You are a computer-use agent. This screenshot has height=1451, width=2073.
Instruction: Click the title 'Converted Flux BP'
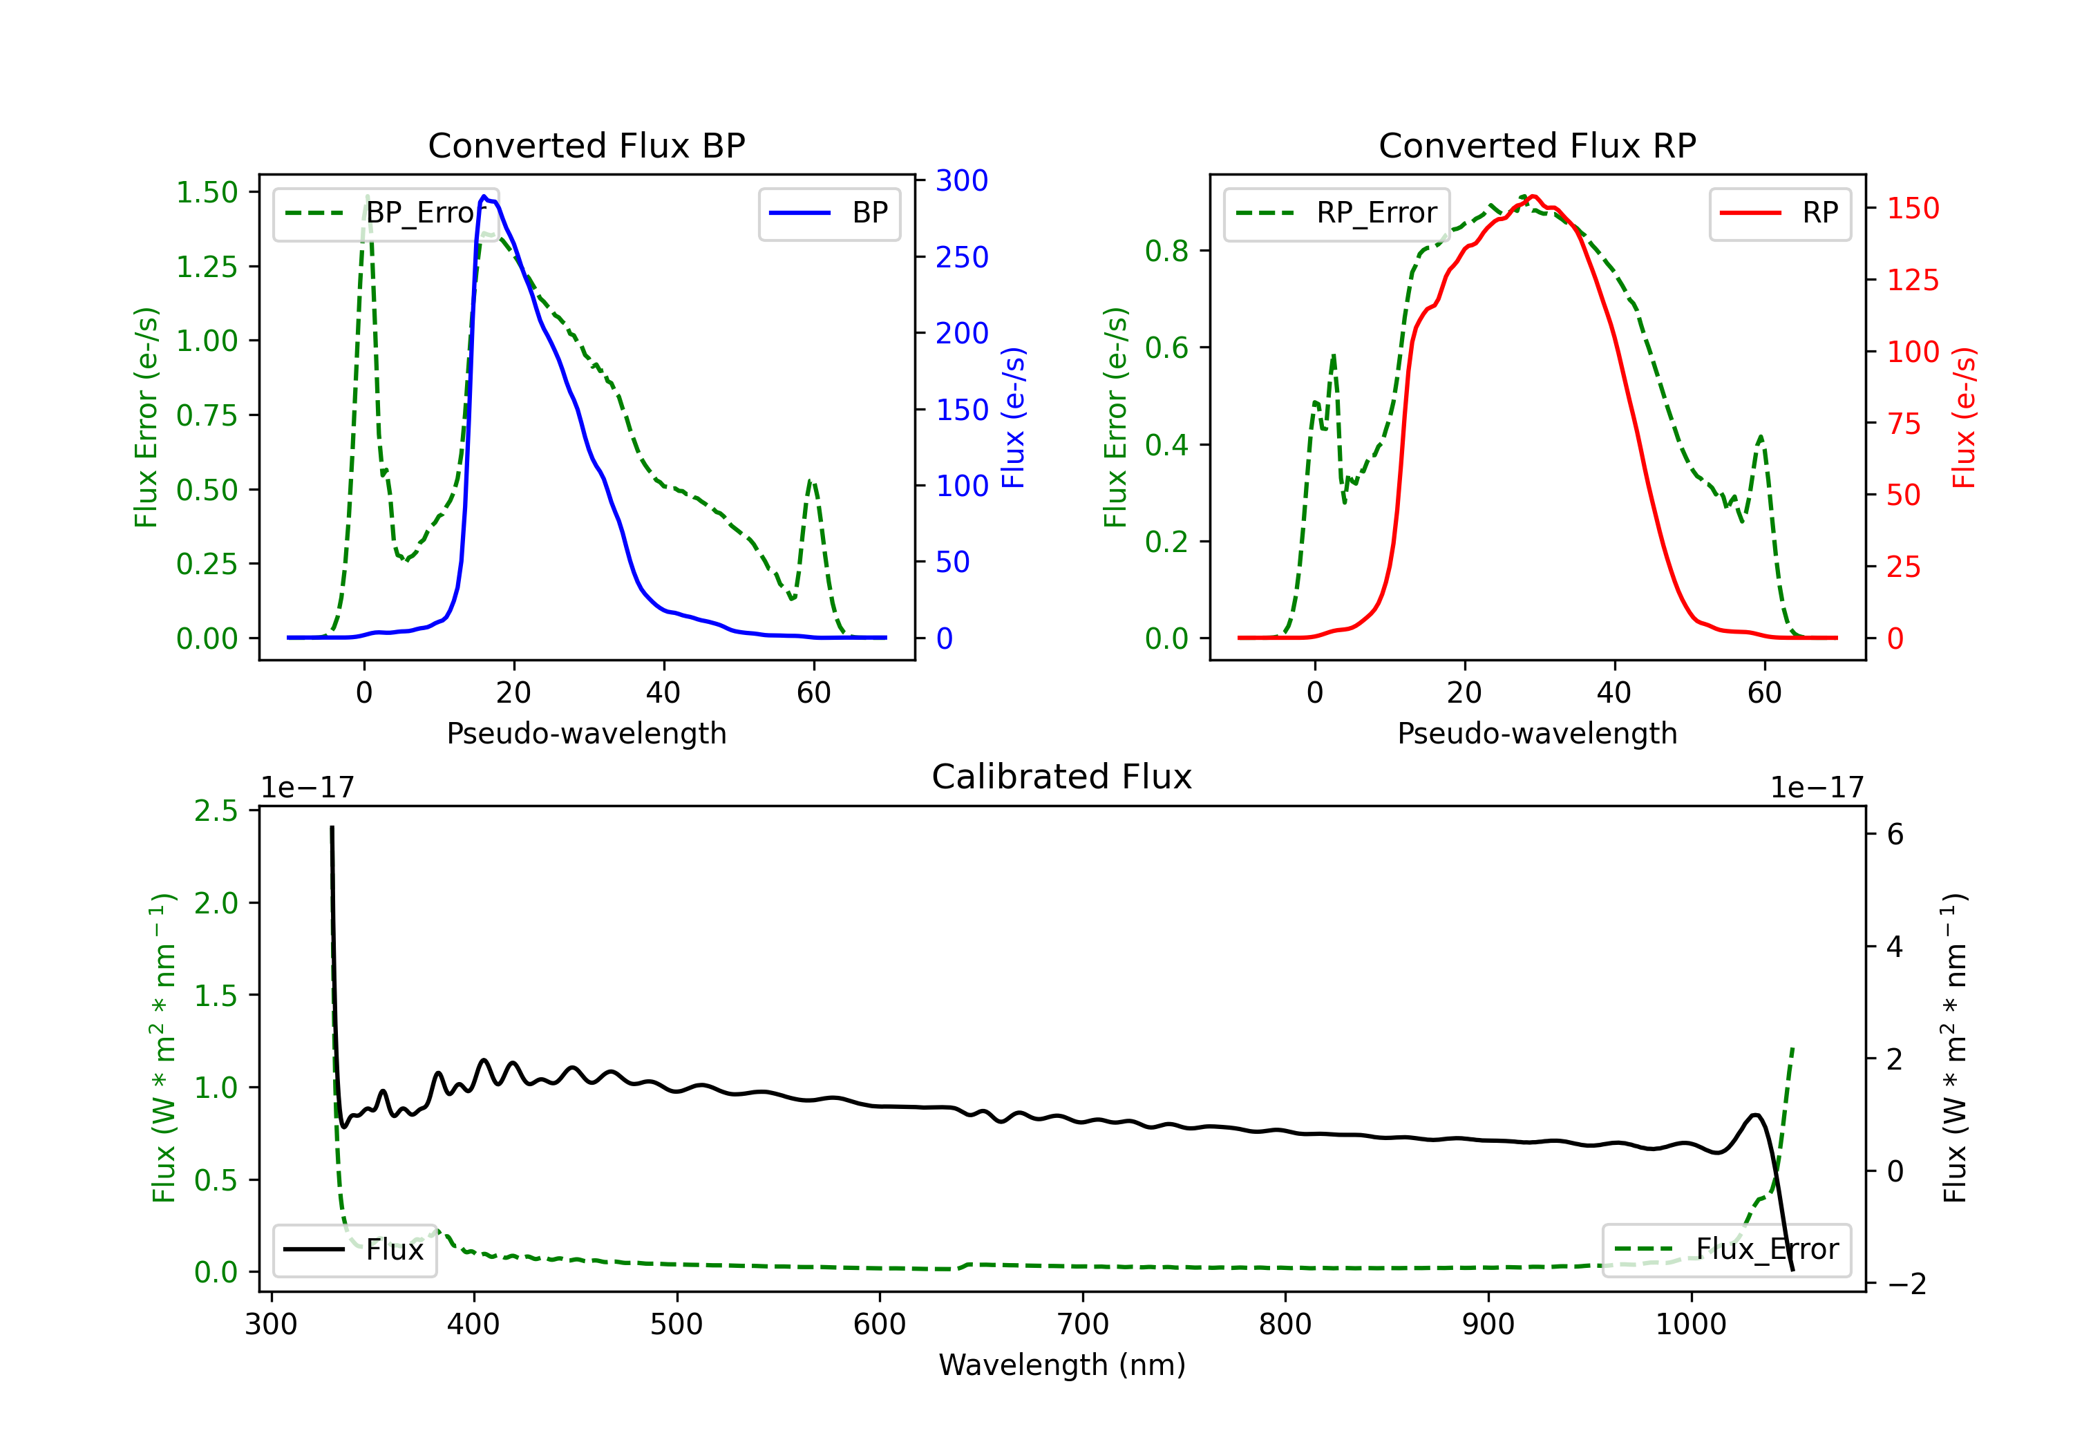pyautogui.click(x=586, y=145)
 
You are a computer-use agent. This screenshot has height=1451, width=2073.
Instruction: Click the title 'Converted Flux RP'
pyautogui.click(x=1537, y=145)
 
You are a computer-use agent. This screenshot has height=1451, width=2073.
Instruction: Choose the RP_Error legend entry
pyautogui.click(x=1336, y=213)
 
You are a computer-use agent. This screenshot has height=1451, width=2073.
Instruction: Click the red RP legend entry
pyautogui.click(x=1779, y=213)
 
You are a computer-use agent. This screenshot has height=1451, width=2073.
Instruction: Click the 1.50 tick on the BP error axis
pyautogui.click(x=207, y=192)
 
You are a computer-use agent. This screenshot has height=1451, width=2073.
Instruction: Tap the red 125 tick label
pyautogui.click(x=1912, y=280)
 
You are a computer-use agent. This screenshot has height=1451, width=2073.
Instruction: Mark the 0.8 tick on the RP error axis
pyautogui.click(x=1166, y=251)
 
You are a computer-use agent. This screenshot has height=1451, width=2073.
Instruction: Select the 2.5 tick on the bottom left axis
pyautogui.click(x=216, y=810)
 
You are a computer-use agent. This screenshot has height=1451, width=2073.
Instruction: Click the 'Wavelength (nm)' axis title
pyautogui.click(x=1062, y=1365)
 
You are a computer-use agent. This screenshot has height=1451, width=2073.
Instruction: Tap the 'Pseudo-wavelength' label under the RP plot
pyautogui.click(x=1537, y=733)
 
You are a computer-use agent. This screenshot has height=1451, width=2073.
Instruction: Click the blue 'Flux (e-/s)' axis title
pyautogui.click(x=1014, y=418)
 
